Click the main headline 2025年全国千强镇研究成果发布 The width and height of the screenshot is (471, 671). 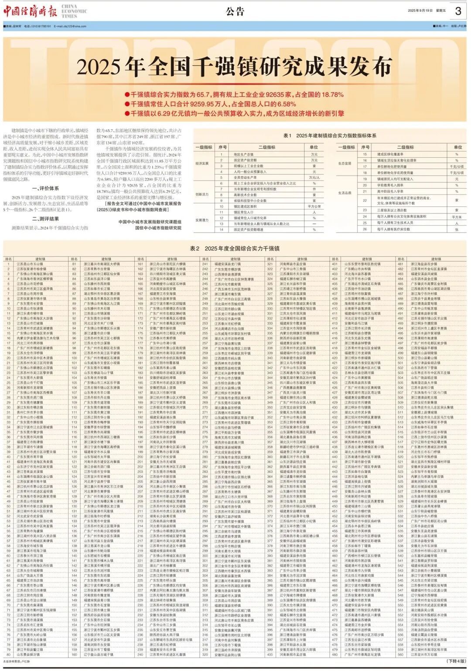[x=235, y=67]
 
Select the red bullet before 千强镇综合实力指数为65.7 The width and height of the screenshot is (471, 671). [x=127, y=94]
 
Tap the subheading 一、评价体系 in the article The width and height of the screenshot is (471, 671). [x=45, y=189]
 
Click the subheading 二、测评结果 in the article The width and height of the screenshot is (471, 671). [x=45, y=219]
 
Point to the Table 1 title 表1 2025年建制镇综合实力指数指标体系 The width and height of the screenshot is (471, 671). [x=330, y=136]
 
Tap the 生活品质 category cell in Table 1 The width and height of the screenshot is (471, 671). [x=345, y=192]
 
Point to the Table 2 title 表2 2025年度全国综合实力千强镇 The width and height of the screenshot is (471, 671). [x=235, y=248]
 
